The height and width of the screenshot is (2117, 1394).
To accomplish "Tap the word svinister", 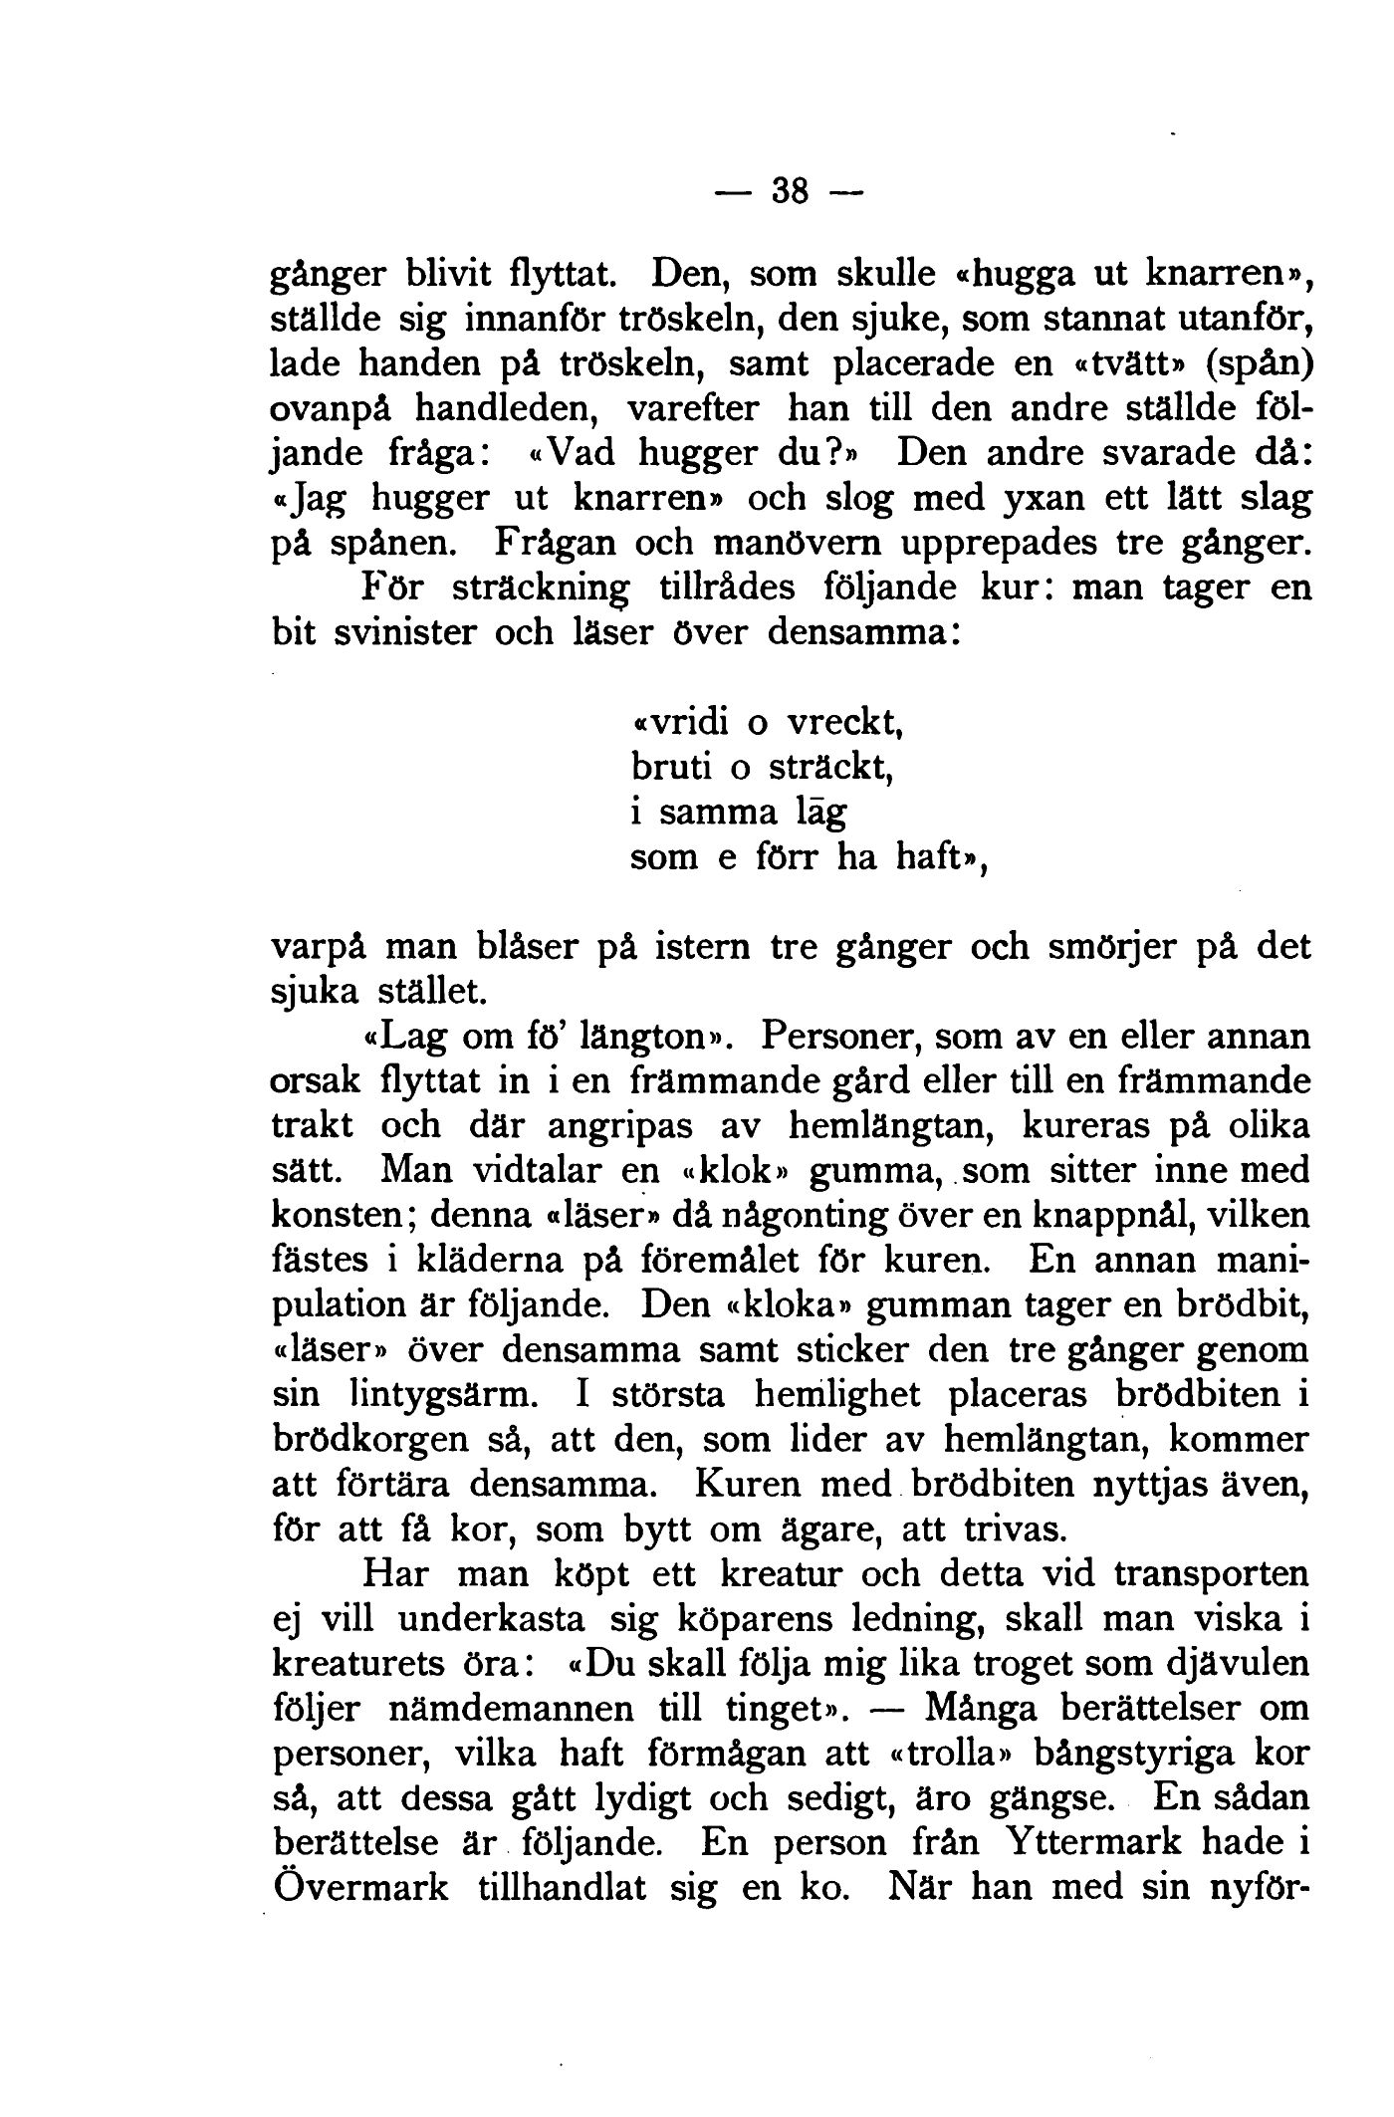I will tap(395, 631).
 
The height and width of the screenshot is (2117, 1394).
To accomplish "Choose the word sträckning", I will tap(537, 588).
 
